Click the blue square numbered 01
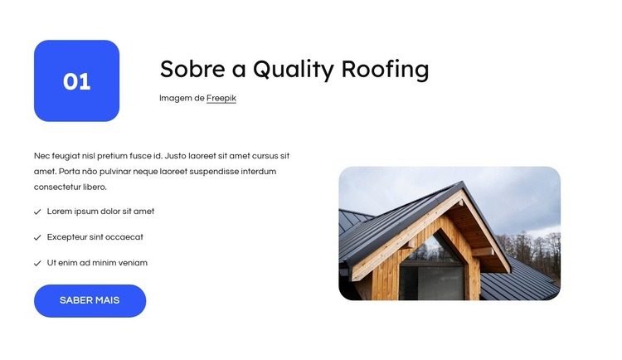76,80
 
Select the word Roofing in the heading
389,70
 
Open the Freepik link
221,98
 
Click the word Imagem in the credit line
176,98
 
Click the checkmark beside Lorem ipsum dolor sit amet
37,212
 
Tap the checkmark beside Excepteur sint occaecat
37,237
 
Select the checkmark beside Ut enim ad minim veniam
37,263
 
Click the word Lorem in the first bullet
60,212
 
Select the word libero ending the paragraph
95,187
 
